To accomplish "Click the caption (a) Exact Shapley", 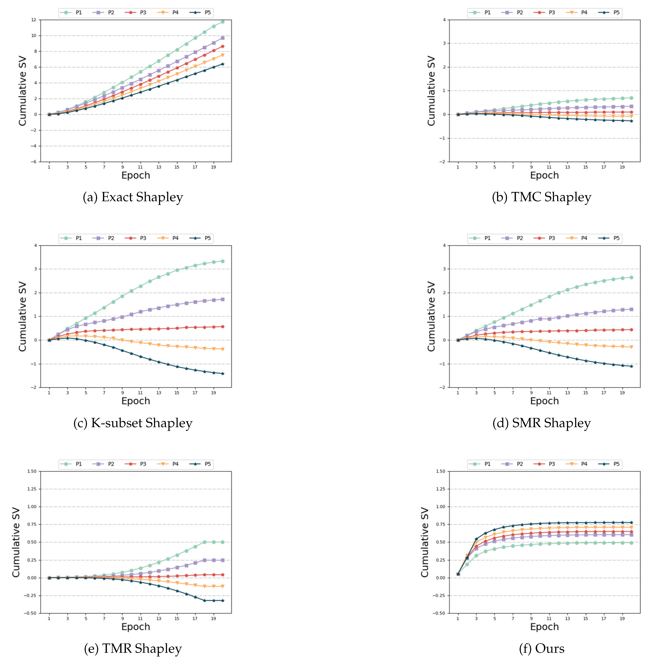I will [x=133, y=197].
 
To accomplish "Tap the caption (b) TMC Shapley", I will [x=542, y=197].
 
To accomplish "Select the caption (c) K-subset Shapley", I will [x=133, y=423].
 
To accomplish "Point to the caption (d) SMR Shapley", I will [x=542, y=423].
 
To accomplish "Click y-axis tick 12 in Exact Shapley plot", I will [x=33, y=20].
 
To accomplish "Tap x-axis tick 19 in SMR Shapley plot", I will [x=622, y=393].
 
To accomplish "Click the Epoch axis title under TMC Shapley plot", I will [x=544, y=175].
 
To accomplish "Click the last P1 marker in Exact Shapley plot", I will [x=223, y=22].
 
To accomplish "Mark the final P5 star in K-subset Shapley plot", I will [x=223, y=373].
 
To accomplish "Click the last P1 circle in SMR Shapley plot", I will [x=631, y=277].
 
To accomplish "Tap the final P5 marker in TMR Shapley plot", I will [x=223, y=600].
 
